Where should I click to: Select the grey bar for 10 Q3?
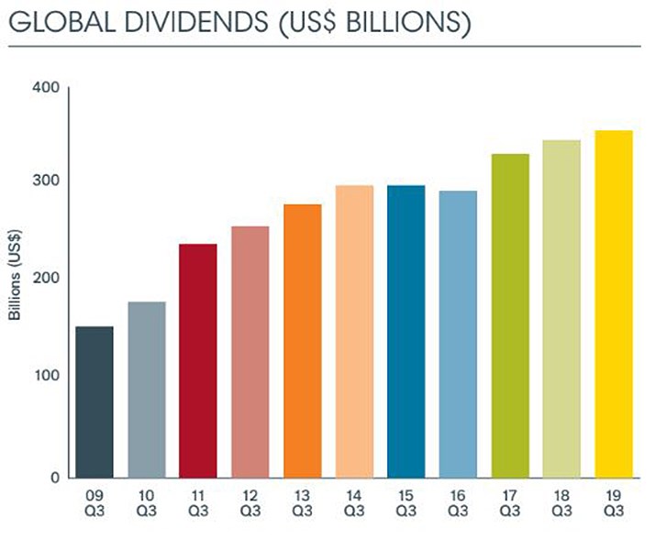point(147,390)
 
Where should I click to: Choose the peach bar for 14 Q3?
point(354,331)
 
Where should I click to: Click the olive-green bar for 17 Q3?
point(510,315)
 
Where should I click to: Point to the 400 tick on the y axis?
point(49,87)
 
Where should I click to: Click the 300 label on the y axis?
point(49,181)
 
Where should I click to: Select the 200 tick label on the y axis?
point(49,278)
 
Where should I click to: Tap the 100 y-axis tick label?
point(49,375)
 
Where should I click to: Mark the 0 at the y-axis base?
point(55,478)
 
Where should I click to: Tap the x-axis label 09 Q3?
point(95,503)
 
